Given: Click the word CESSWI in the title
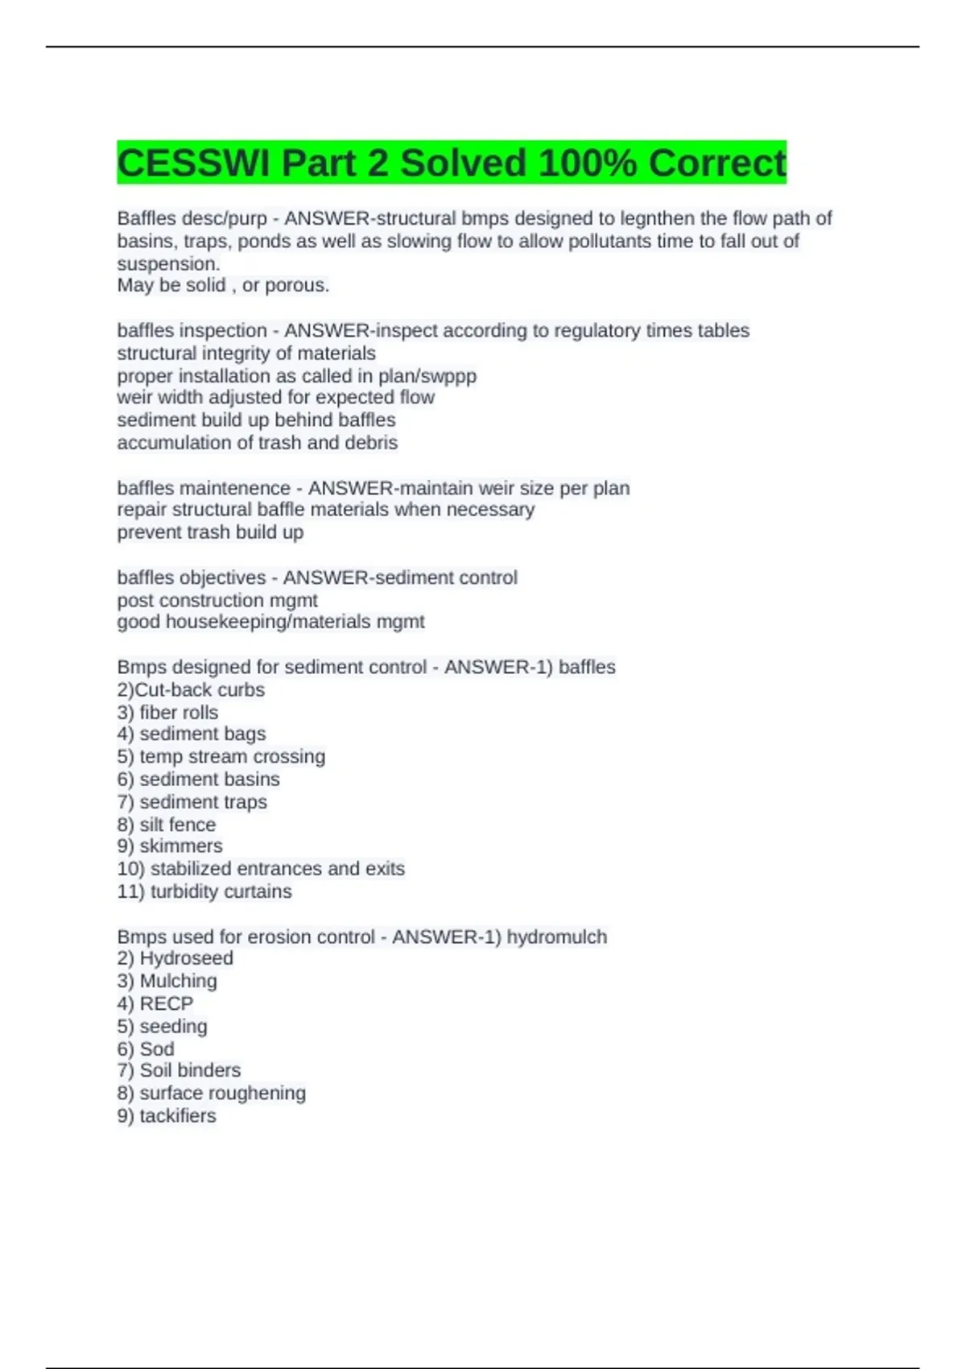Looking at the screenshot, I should [x=192, y=163].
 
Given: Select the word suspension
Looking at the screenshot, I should [x=168, y=264].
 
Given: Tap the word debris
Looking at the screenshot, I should [x=371, y=443].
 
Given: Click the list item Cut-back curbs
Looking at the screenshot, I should [x=199, y=690].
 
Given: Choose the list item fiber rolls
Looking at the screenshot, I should [x=179, y=713].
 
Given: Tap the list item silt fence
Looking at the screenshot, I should [x=178, y=825].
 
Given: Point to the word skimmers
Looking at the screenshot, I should [x=181, y=846].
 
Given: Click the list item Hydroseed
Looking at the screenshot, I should [x=186, y=958].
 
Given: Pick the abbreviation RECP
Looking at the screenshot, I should [x=167, y=1003].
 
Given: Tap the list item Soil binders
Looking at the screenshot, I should [x=190, y=1070].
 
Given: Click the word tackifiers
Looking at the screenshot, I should [x=178, y=1116].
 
